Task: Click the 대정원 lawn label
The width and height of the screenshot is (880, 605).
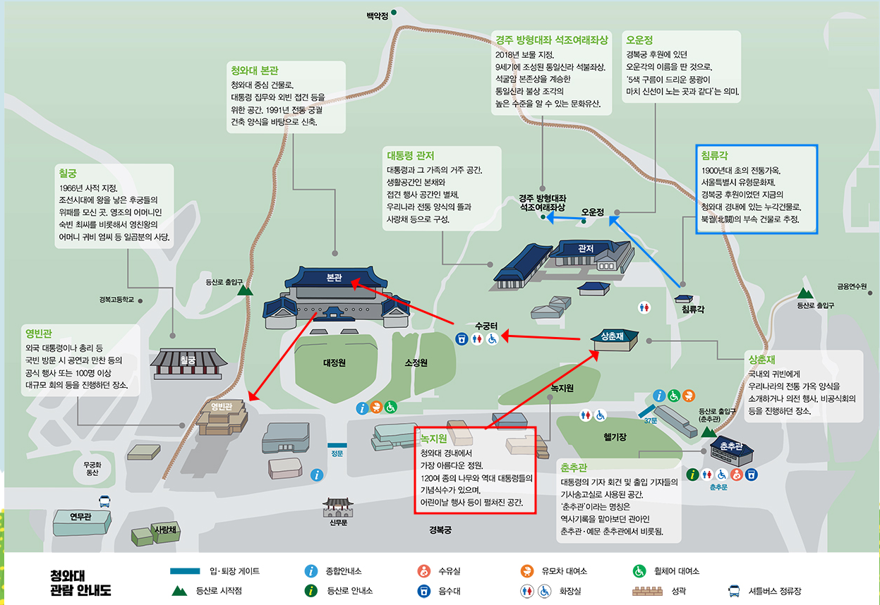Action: [334, 363]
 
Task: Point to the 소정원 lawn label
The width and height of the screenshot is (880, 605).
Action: [416, 363]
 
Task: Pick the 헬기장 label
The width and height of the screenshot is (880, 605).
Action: [615, 437]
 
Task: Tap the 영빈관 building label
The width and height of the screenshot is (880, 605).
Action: [222, 407]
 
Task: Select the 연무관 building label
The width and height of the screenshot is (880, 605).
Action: [81, 517]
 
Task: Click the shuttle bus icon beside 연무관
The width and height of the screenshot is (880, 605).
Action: [104, 502]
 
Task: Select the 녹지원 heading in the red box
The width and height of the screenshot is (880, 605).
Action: [434, 439]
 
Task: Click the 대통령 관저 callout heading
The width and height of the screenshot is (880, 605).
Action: [410, 155]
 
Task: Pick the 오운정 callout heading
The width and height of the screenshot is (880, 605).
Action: [639, 40]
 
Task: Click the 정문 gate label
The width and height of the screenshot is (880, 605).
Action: [337, 453]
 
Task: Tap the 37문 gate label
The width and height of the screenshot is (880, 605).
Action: [650, 421]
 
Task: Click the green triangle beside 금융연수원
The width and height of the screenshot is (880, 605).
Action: [805, 293]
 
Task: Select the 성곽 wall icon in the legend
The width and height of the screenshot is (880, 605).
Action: [652, 591]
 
